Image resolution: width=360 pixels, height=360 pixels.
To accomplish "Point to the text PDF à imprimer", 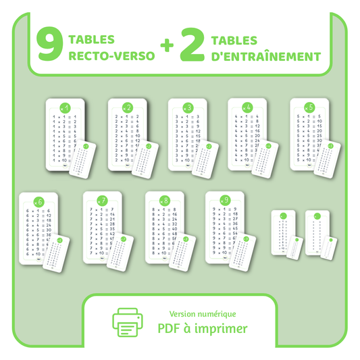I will (x=203, y=329).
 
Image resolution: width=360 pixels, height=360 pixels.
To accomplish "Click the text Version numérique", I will (x=203, y=313).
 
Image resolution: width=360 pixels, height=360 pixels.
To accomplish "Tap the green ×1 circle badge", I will (x=65, y=107).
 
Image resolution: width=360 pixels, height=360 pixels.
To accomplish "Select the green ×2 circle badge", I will (x=127, y=107).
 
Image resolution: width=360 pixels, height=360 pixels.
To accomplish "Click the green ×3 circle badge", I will (x=187, y=107).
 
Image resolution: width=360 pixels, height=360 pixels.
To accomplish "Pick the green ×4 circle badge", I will (x=247, y=107).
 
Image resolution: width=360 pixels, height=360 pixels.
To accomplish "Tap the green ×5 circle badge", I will (x=309, y=107).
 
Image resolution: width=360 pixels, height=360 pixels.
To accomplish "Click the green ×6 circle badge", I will (x=38, y=201).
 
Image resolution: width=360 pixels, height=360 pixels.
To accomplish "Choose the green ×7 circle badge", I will (x=102, y=201).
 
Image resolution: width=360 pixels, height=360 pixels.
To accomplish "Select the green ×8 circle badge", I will (x=164, y=200).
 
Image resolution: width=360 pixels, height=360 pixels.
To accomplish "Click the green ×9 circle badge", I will (x=225, y=200).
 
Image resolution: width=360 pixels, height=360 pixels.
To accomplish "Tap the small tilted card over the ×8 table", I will (x=182, y=251).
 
